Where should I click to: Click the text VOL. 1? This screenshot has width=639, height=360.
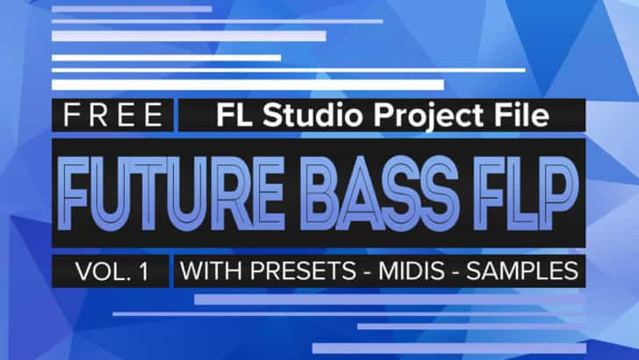[x=111, y=271]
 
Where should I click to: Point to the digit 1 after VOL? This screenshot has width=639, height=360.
[x=141, y=271]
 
